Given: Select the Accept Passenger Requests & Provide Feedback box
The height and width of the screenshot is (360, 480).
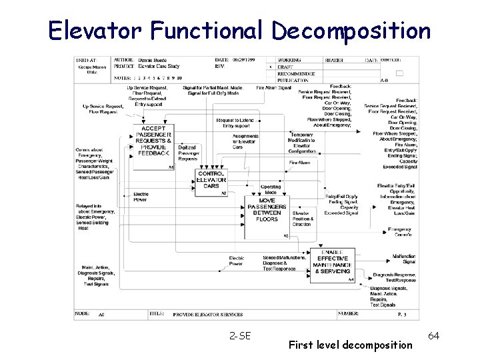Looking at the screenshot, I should pyautogui.click(x=153, y=141).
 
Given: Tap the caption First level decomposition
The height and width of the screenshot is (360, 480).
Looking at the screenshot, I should pyautogui.click(x=351, y=345).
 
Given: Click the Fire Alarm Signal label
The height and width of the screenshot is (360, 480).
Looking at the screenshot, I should pyautogui.click(x=273, y=87).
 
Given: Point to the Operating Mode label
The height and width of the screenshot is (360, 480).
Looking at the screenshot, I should pyautogui.click(x=270, y=189).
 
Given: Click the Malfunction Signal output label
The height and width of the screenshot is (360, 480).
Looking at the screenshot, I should pyautogui.click(x=404, y=259).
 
